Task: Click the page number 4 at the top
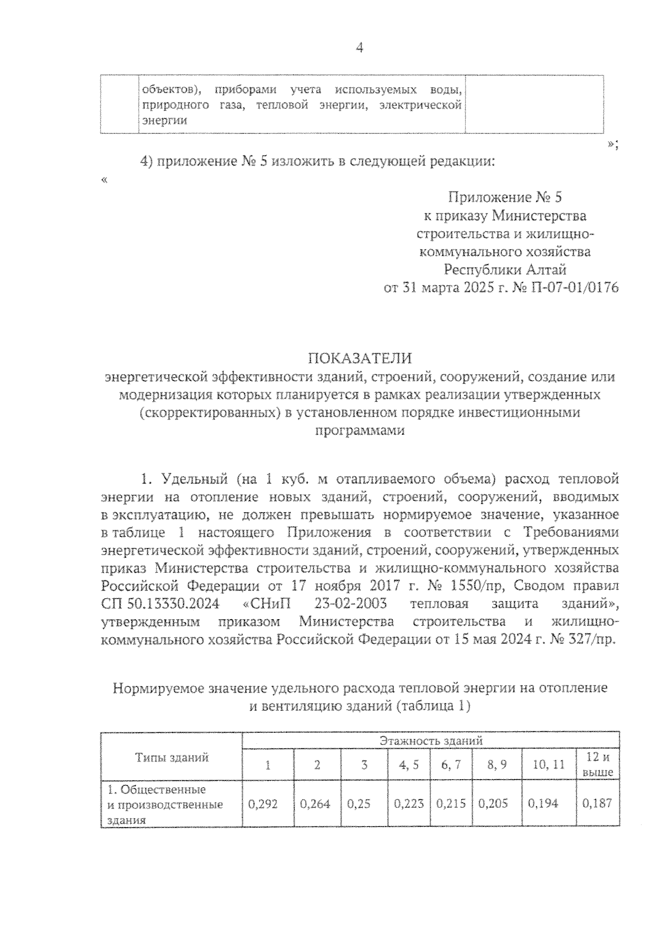click(359, 48)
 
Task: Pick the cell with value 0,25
click(359, 803)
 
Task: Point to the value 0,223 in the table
click(409, 803)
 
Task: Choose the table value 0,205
click(493, 803)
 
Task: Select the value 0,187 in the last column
click(597, 803)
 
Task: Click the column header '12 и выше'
click(597, 764)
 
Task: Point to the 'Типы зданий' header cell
click(172, 758)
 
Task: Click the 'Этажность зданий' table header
click(431, 741)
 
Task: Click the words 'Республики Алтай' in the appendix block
click(505, 270)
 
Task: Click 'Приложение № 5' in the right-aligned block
click(505, 197)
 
